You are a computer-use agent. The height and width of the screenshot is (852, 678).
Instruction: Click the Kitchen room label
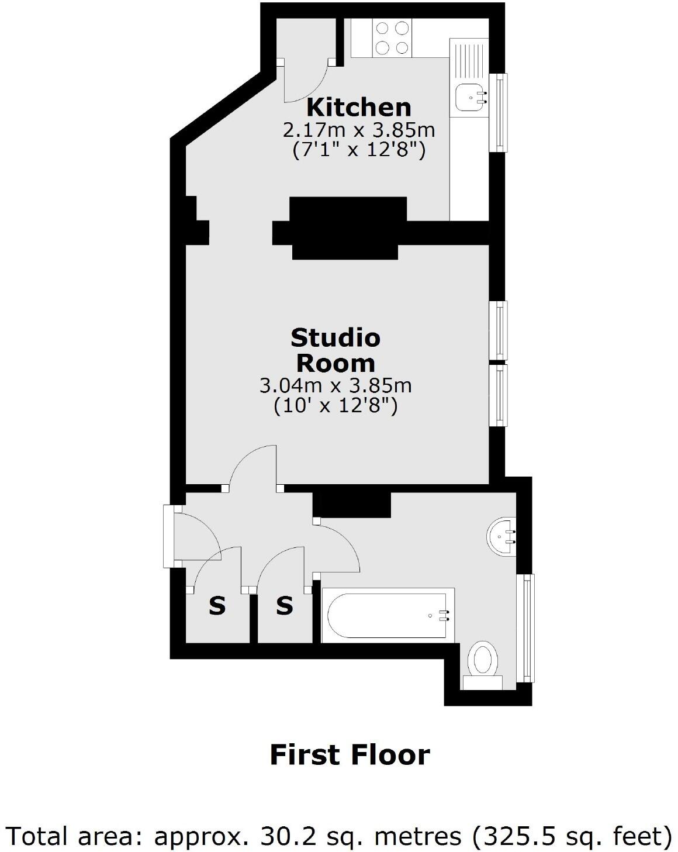[359, 108]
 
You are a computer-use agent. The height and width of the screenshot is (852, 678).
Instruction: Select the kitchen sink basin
[469, 97]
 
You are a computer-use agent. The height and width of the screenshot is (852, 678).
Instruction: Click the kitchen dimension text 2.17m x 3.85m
[359, 129]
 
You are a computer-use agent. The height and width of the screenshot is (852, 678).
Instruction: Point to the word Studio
[335, 338]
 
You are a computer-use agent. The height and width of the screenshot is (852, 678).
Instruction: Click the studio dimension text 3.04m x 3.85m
[335, 385]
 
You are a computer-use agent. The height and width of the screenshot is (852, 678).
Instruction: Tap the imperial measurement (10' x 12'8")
[335, 406]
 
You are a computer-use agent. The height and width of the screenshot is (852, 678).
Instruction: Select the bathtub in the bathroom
[388, 615]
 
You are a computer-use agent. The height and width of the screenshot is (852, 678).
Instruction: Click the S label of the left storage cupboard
[217, 606]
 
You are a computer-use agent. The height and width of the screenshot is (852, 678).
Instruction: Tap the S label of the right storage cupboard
[284, 606]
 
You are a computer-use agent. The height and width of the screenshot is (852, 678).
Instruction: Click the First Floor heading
[350, 755]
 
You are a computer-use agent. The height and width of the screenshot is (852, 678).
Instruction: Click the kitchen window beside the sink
[500, 111]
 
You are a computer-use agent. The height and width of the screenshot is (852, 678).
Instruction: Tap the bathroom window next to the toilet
[528, 627]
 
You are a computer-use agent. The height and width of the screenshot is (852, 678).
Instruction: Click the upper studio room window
[499, 330]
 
